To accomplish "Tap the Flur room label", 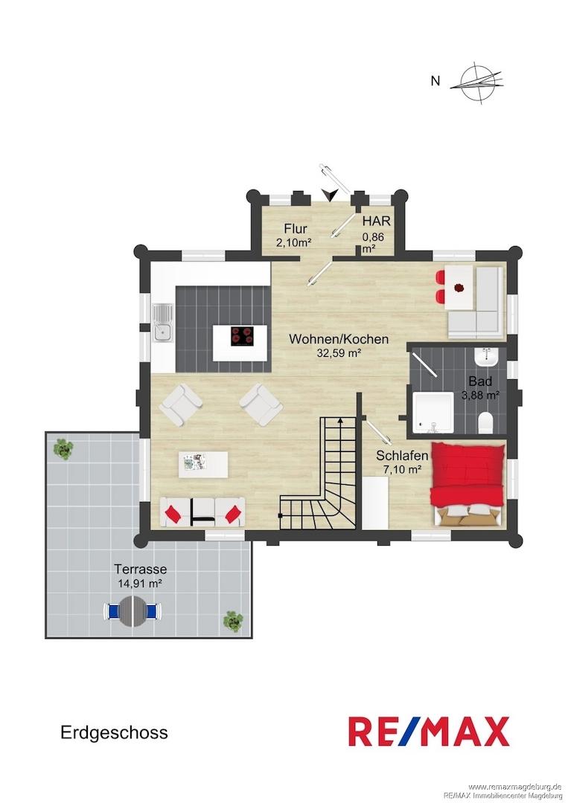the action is [296, 229].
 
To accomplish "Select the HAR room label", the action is [376, 222].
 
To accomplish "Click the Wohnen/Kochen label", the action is [338, 339].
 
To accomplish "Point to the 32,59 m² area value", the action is [340, 352].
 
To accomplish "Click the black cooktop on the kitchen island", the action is [242, 336].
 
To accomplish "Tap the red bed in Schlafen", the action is [467, 474].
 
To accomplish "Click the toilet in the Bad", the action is [485, 422].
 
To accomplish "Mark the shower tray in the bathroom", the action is [433, 412].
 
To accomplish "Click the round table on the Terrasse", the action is [133, 610].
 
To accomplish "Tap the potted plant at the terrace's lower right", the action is [233, 621].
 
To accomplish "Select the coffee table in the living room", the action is [203, 464].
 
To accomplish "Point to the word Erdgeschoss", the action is [114, 732].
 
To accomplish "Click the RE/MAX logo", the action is [429, 732].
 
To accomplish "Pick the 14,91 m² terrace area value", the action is [140, 584].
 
